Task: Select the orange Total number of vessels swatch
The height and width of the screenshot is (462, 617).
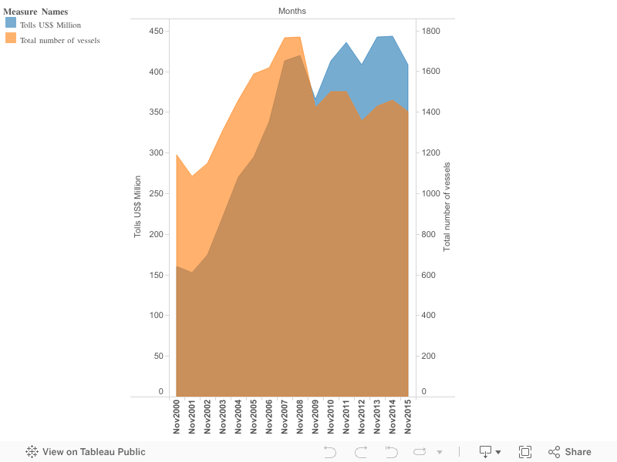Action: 11,38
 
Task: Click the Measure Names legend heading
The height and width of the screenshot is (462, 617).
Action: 35,12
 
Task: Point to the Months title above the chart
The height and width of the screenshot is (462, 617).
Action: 292,11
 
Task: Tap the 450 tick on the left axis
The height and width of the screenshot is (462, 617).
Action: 156,32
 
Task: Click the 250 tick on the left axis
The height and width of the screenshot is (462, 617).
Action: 156,193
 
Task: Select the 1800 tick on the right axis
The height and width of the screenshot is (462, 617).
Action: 430,32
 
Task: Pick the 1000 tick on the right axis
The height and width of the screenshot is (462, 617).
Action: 430,193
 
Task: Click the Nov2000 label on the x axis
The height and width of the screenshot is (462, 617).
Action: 177,417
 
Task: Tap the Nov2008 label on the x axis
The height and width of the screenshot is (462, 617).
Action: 300,417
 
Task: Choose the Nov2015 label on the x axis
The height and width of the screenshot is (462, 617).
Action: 408,417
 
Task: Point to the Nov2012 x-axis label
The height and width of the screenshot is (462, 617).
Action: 362,417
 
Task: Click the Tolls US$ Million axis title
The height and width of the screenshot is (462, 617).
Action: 138,206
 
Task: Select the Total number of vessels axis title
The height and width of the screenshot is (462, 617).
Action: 447,206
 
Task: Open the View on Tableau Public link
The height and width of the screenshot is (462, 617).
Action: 86,452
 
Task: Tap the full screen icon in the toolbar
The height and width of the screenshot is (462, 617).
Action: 525,452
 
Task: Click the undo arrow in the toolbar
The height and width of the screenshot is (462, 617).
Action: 330,452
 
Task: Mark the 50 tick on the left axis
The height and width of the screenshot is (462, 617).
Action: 158,356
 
